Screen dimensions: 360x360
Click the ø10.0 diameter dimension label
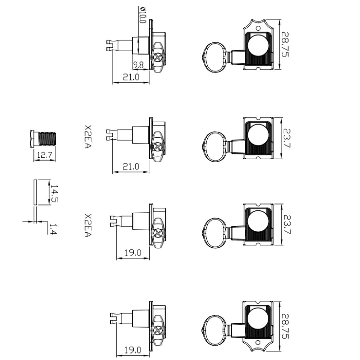pos(142,15)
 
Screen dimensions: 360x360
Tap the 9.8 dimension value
pos(138,65)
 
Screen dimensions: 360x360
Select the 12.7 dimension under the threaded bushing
pos(45,155)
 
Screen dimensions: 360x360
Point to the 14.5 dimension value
pos(54,194)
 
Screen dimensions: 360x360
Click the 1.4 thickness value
pos(53,229)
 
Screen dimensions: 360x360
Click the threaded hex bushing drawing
pos(43,139)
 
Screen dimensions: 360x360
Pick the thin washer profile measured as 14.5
pos(35,192)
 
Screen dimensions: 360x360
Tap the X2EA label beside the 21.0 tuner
pos(88,137)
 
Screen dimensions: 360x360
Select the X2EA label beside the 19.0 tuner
pos(88,225)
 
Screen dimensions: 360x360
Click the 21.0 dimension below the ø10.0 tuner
pos(131,77)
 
